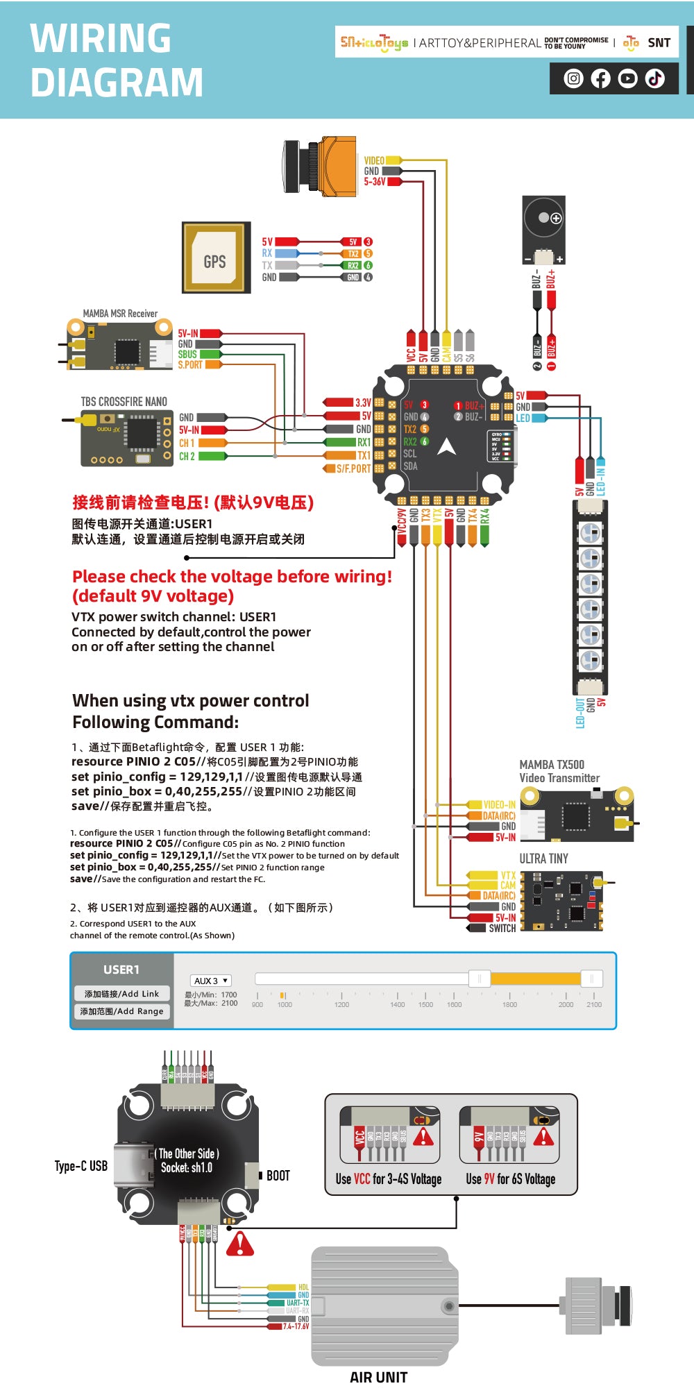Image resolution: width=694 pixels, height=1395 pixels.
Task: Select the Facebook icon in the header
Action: [x=601, y=78]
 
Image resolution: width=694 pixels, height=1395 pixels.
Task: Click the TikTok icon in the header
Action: [x=655, y=78]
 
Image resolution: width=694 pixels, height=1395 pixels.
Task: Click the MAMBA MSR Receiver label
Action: [x=120, y=314]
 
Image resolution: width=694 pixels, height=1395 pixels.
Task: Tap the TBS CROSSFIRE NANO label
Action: [x=124, y=402]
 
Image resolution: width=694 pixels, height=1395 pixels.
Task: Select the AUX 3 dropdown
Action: [x=210, y=981]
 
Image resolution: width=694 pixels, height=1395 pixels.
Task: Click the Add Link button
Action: [x=121, y=994]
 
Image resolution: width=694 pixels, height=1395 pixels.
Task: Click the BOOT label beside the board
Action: [x=278, y=1176]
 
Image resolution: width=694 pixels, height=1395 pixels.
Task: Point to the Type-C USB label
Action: [x=81, y=1166]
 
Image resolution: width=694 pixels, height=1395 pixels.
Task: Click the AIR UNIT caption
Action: [x=378, y=1378]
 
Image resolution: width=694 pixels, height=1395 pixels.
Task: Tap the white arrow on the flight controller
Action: [x=447, y=448]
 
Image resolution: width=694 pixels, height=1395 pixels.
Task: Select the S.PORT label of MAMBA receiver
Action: [x=190, y=364]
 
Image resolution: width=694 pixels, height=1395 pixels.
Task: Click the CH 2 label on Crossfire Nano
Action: [x=187, y=456]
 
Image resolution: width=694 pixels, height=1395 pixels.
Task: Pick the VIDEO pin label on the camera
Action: [x=374, y=160]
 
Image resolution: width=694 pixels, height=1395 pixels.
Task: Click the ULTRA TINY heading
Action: [x=543, y=859]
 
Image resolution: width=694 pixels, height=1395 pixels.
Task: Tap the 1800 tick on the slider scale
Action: [x=509, y=1004]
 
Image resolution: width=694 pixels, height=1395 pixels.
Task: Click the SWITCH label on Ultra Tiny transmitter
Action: [x=502, y=928]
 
